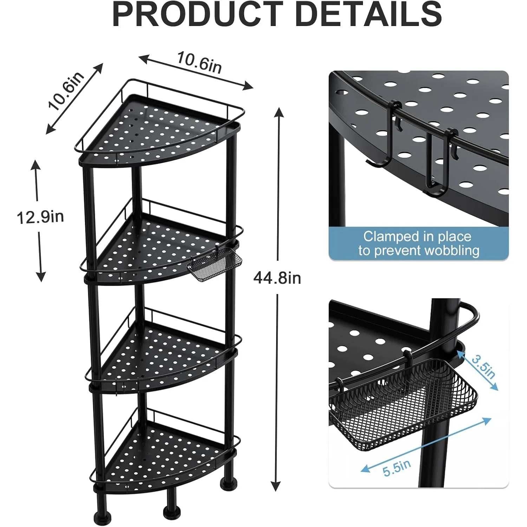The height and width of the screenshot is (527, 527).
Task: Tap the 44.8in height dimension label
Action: (x=277, y=278)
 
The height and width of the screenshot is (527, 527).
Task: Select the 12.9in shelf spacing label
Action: (x=40, y=217)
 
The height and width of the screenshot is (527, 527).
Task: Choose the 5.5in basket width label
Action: (x=397, y=468)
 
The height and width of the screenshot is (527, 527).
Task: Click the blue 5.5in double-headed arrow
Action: (x=426, y=444)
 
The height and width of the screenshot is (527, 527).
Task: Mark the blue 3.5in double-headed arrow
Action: (x=477, y=368)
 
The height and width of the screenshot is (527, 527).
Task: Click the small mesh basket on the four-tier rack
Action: (x=215, y=263)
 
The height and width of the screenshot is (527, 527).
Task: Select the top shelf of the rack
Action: (x=160, y=130)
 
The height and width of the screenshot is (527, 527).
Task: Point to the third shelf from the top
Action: (x=163, y=355)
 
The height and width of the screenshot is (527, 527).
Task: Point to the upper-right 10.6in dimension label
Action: (x=199, y=63)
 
